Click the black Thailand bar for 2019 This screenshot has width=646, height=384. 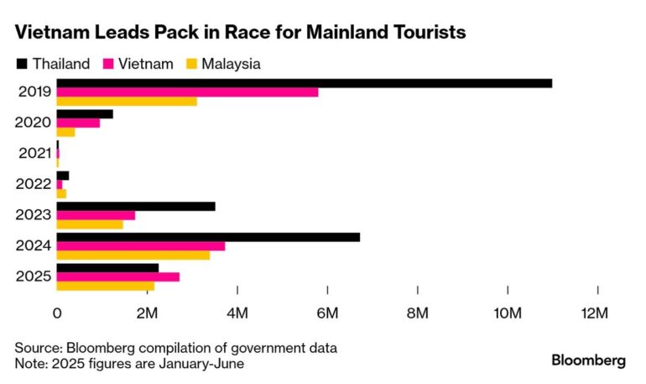click(304, 82)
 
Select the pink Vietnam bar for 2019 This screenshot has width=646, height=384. click(187, 92)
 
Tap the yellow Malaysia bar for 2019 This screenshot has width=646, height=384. click(127, 102)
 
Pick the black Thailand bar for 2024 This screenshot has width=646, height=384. click(208, 237)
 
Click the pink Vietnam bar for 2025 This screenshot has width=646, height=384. click(117, 276)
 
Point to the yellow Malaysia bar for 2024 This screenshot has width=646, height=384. click(133, 255)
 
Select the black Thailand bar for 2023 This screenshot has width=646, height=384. click(135, 206)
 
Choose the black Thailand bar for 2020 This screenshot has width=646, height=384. click(84, 113)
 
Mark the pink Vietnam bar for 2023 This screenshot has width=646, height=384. click(96, 215)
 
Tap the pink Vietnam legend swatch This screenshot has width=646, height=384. click(109, 63)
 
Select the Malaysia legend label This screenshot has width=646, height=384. click(231, 63)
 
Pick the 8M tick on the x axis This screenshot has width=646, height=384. click(417, 313)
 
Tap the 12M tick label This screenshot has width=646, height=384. click(597, 313)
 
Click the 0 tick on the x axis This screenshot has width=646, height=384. click(57, 313)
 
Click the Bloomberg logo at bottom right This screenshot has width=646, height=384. click(588, 360)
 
